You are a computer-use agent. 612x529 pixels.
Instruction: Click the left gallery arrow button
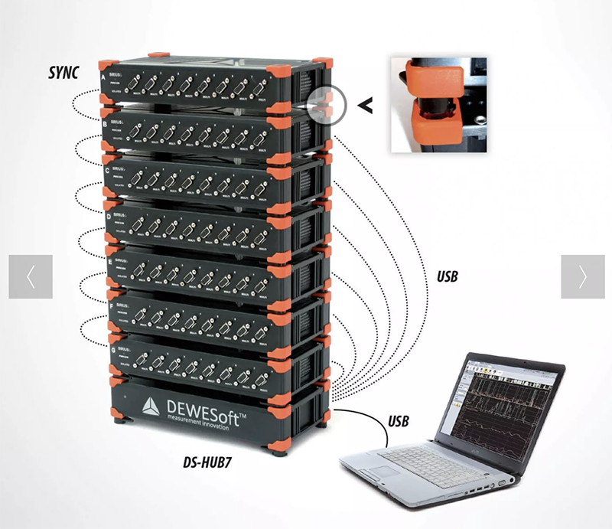pyautogui.click(x=31, y=276)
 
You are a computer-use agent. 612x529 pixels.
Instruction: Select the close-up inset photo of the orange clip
pyautogui.click(x=437, y=103)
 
